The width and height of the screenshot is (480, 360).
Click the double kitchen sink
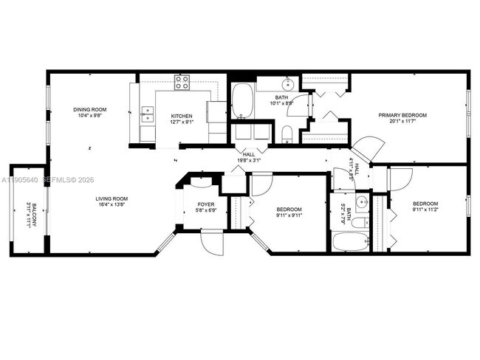point(148,114)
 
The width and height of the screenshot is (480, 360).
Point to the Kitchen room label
point(182,117)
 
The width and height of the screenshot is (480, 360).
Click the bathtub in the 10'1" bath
point(242,101)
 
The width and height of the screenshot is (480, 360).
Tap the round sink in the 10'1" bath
point(289,83)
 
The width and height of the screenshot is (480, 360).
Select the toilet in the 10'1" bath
point(288,134)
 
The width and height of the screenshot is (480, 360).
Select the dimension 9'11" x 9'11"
point(289,215)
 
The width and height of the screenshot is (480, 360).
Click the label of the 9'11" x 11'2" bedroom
point(425,204)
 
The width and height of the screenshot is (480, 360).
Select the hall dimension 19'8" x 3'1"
point(248,160)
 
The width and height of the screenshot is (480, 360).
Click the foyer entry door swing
point(212,238)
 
